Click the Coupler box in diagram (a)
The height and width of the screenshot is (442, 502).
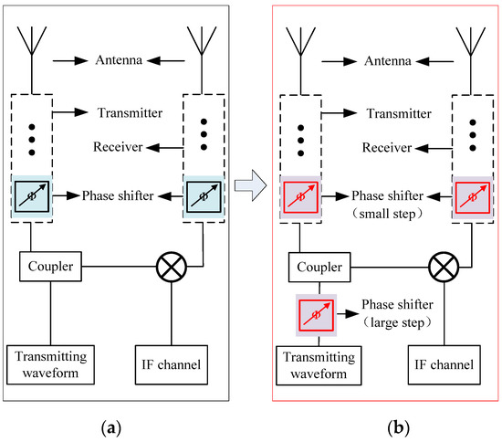tap(50, 267)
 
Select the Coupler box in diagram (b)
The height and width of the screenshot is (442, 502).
tap(319, 268)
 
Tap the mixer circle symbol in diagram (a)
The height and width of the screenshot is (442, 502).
tap(172, 267)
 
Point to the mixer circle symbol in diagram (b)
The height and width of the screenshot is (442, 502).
tap(444, 268)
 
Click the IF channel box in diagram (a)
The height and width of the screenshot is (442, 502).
tap(172, 364)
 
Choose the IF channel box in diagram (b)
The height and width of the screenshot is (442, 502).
tap(444, 364)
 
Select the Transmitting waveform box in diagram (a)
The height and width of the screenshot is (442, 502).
tap(50, 364)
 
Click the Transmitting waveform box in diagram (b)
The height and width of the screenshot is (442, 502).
tap(319, 365)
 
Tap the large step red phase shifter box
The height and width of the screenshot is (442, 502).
tap(317, 315)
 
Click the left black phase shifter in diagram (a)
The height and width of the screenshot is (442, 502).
tap(32, 196)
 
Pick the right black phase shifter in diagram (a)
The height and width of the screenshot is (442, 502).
tap(204, 196)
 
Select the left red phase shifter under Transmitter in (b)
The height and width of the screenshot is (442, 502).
tap(300, 197)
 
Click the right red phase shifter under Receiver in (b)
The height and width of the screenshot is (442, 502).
tap(473, 197)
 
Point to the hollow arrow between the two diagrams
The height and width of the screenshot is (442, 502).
tap(250, 185)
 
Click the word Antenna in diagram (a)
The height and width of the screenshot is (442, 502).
tap(119, 60)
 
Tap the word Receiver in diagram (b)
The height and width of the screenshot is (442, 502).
tap(387, 148)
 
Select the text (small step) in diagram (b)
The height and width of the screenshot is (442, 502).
tap(387, 214)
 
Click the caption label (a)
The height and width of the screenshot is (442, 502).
tap(111, 428)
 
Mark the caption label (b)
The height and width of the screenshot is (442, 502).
tap(399, 428)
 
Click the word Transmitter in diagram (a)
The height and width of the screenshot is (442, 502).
tap(130, 112)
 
